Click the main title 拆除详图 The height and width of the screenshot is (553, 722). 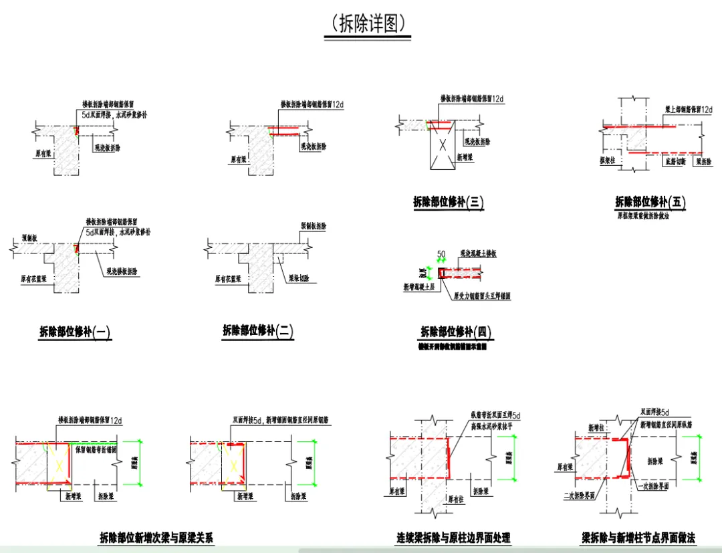point(367,24)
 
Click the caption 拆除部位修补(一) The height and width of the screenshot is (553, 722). point(75,332)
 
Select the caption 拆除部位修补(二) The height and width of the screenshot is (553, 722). point(258,331)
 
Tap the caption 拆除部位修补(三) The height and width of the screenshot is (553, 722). point(448,202)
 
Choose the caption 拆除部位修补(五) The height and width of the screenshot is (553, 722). point(650,202)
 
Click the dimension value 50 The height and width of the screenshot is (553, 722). point(441,255)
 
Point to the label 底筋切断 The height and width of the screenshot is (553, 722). point(676,161)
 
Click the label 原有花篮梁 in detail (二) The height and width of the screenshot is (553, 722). point(227,278)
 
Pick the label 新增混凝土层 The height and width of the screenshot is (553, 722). point(418,286)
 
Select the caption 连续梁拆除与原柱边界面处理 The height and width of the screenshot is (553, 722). point(454,538)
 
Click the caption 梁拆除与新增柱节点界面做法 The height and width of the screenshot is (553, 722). point(638,538)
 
